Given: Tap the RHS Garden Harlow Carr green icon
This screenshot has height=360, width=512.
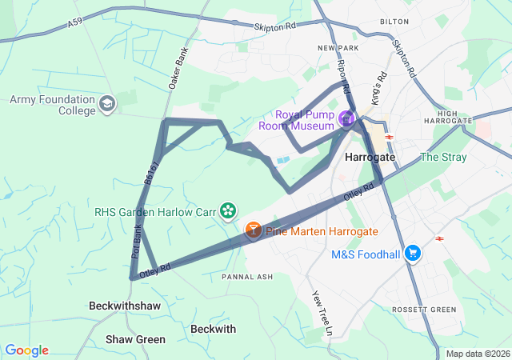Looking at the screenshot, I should [x=229, y=211].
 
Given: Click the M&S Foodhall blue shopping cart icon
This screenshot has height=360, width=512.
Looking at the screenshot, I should [x=413, y=254].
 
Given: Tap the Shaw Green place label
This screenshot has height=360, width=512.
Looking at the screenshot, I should [x=135, y=340].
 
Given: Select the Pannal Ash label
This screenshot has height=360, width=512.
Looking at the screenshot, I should [x=247, y=277].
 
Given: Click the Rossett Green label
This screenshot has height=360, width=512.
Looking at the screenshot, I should [x=424, y=310].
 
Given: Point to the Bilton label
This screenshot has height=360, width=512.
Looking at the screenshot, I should [x=394, y=22].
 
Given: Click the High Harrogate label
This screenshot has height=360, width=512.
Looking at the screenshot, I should [x=458, y=119].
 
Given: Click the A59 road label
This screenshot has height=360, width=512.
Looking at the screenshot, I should [x=75, y=25].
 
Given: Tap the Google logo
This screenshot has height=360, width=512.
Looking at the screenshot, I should [x=26, y=350].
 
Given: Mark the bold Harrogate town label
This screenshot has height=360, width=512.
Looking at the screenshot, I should [x=370, y=158].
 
